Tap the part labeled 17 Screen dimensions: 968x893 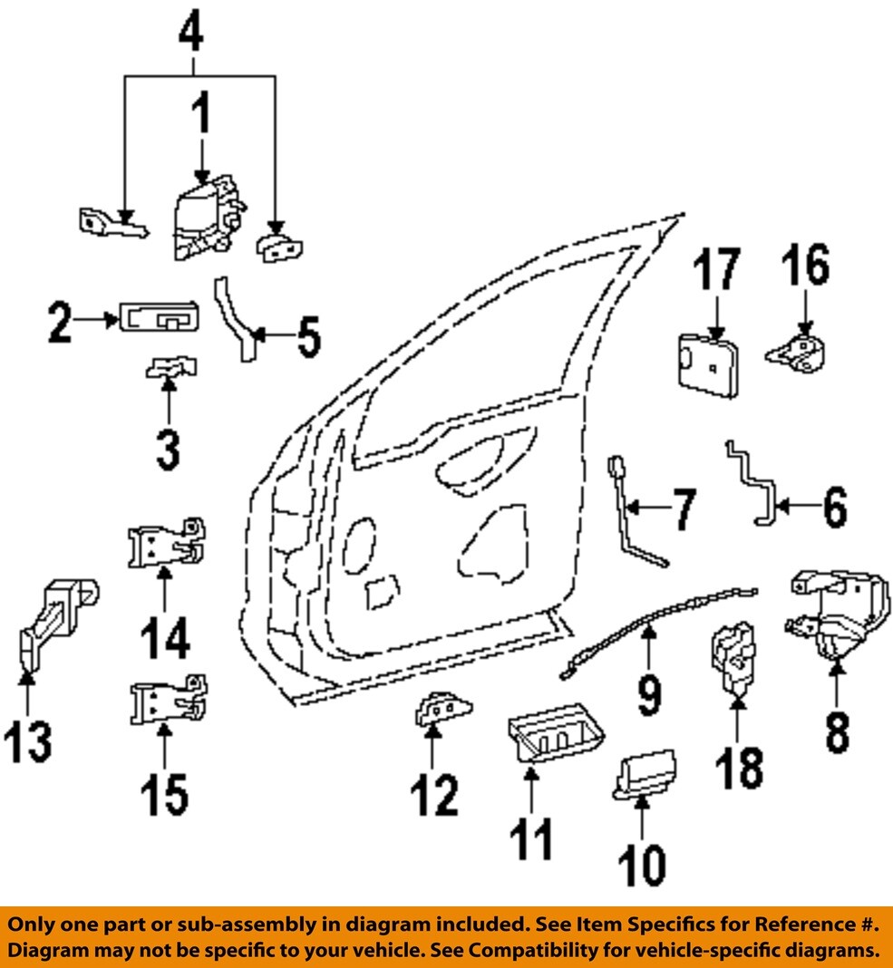click(x=709, y=365)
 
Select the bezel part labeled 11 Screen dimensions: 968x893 click(x=543, y=735)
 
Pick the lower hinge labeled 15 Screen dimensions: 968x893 click(x=166, y=702)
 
